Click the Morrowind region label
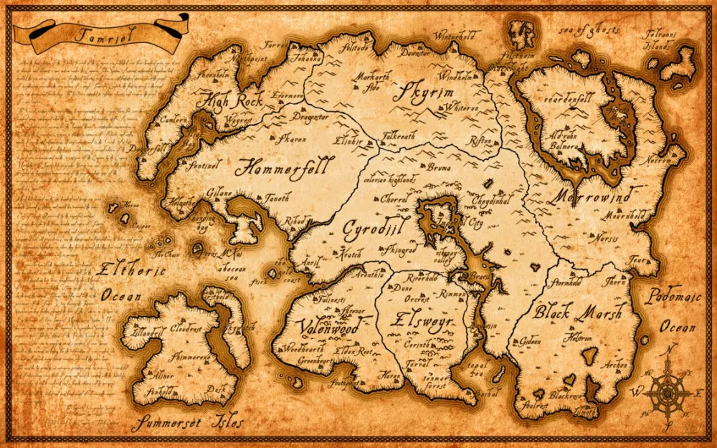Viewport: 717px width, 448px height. (x=592, y=195)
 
